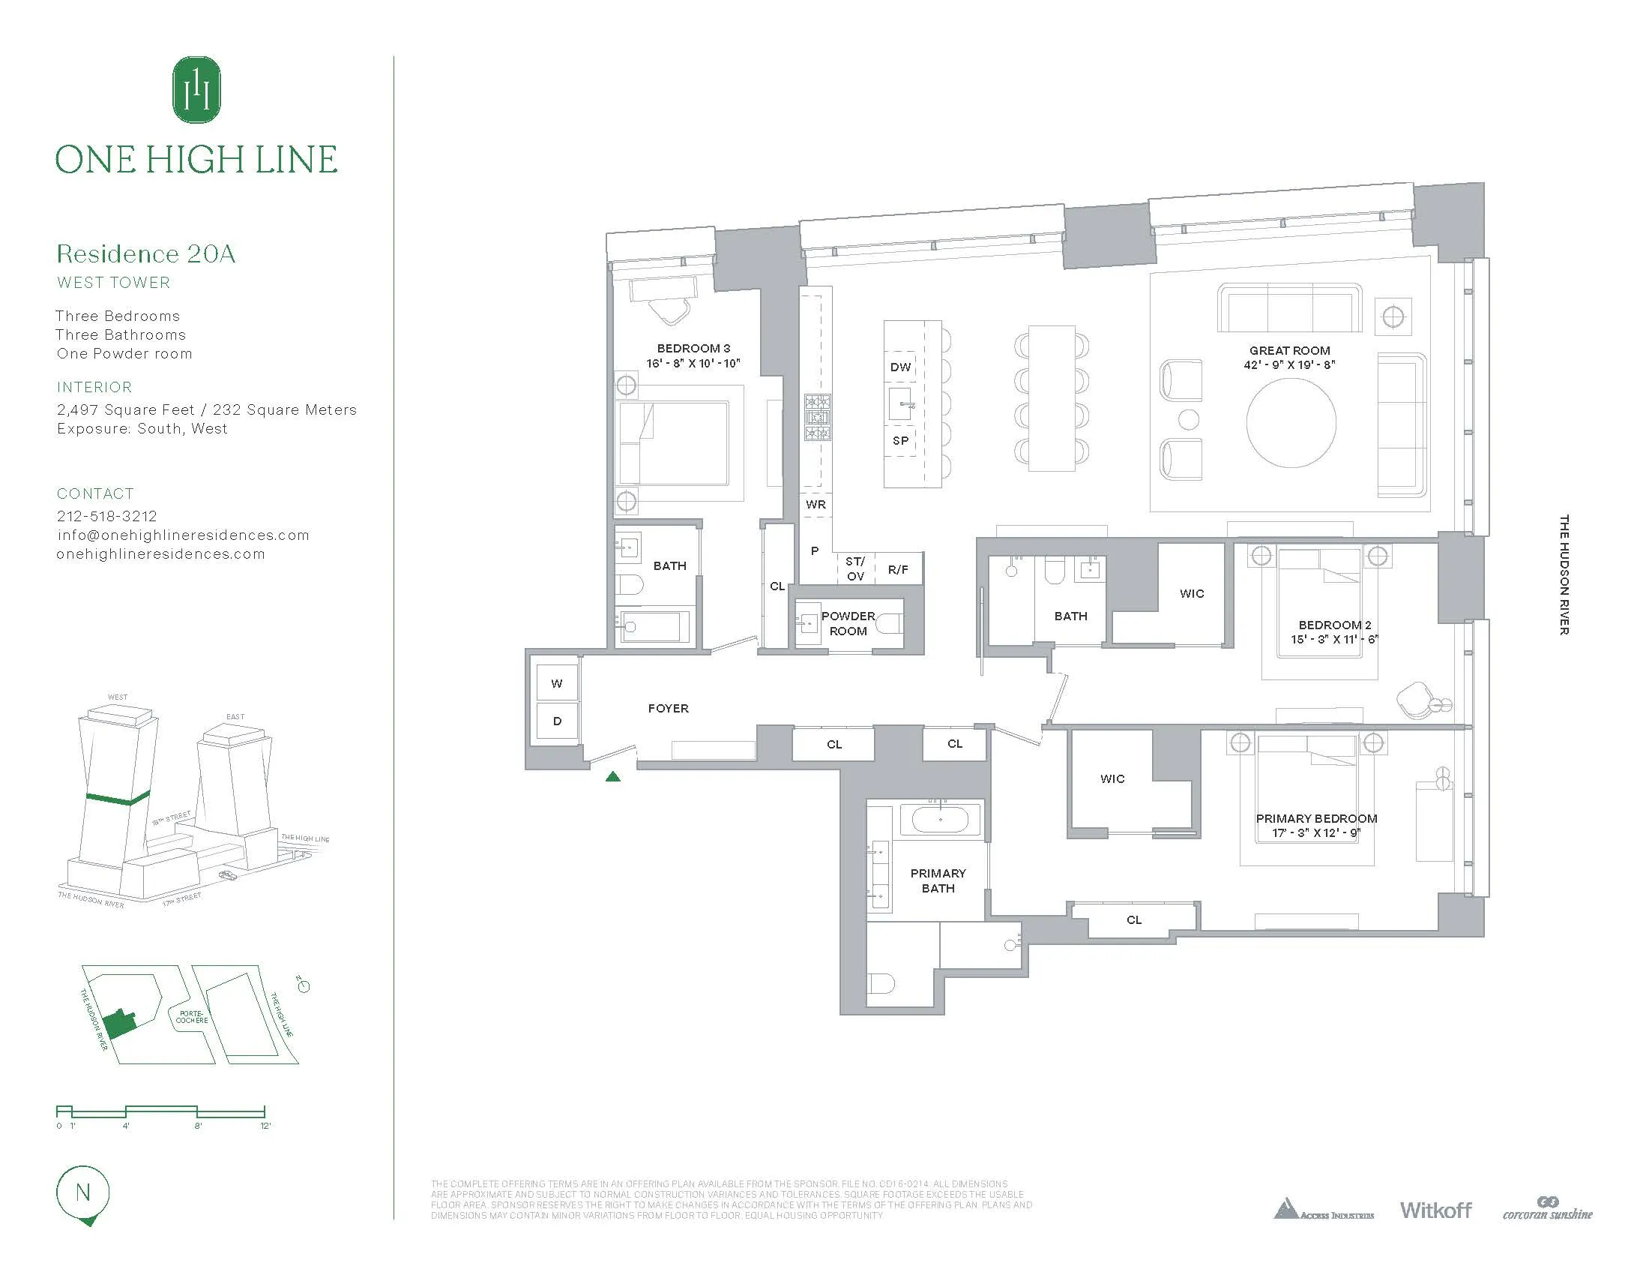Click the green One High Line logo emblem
click(x=196, y=90)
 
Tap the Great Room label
click(x=1289, y=350)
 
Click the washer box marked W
click(x=556, y=683)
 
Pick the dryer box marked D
click(x=556, y=721)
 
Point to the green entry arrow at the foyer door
click(x=613, y=775)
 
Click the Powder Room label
click(x=848, y=623)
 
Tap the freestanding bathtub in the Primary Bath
click(x=940, y=820)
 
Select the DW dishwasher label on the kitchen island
click(x=900, y=367)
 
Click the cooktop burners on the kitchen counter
click(x=817, y=418)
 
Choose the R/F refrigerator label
click(x=898, y=570)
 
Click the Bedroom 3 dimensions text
click(x=693, y=363)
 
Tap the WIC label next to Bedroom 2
click(x=1192, y=594)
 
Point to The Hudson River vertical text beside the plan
click(x=1564, y=574)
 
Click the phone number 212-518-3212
click(x=107, y=516)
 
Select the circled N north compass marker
click(x=83, y=1193)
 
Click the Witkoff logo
click(x=1435, y=1210)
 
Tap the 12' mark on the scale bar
click(x=265, y=1126)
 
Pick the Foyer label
click(x=668, y=709)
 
